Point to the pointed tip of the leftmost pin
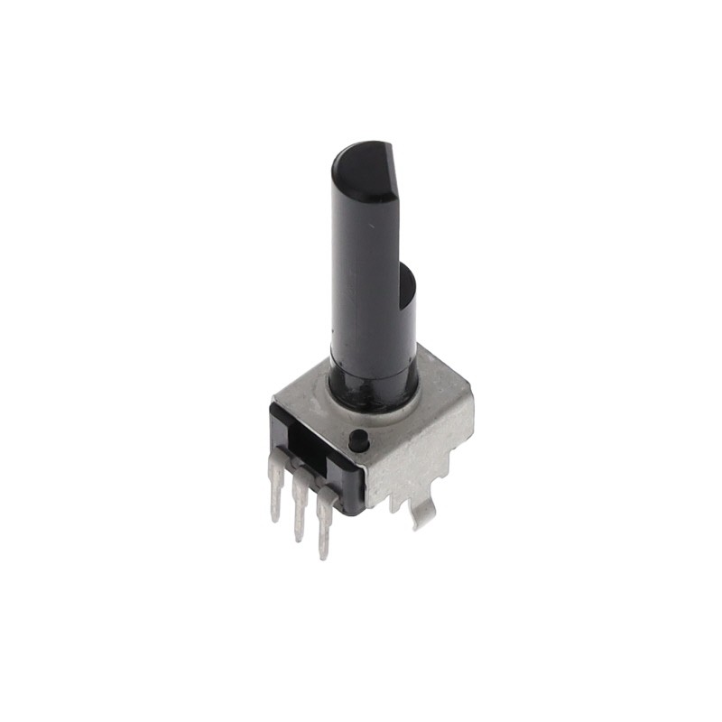click(276, 519)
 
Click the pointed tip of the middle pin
click(299, 539)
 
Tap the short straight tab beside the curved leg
click(394, 502)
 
